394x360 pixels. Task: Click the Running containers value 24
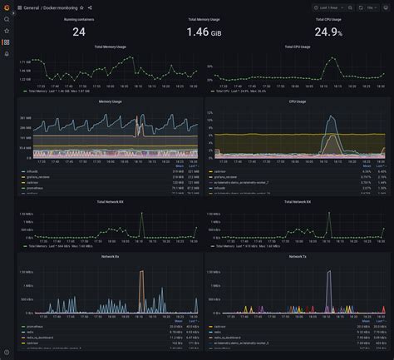[x=79, y=32]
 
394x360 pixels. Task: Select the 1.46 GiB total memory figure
[x=203, y=32]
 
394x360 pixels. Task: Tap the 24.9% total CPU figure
[x=327, y=32]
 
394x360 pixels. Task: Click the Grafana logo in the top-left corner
[x=7, y=7]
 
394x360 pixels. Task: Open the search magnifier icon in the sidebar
[x=7, y=19]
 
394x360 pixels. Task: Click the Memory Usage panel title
[x=110, y=102]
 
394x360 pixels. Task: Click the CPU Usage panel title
[x=297, y=102]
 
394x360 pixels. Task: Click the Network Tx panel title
[x=297, y=258]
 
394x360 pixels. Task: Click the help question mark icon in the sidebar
[x=7, y=353]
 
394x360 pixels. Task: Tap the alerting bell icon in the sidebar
[x=7, y=53]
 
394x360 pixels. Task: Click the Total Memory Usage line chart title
[x=110, y=47]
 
